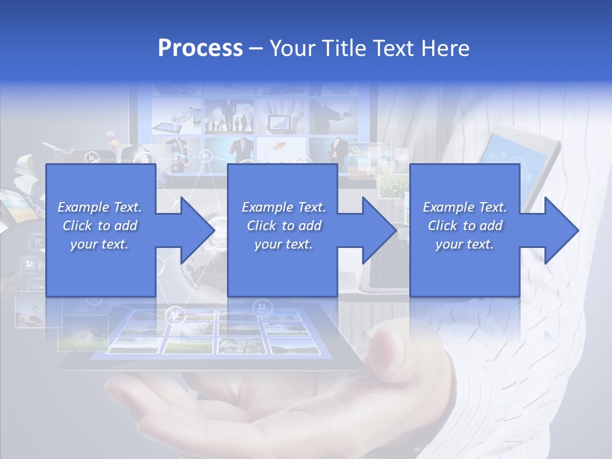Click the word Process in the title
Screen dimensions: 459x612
coord(200,48)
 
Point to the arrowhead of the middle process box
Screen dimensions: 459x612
coord(378,230)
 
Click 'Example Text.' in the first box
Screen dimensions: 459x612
coord(99,207)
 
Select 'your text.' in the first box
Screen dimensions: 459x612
coord(99,244)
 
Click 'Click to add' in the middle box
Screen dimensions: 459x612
coord(284,226)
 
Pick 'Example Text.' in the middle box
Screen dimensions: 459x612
coord(284,207)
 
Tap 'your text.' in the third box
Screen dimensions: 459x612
coord(465,244)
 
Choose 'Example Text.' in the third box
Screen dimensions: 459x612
coord(465,207)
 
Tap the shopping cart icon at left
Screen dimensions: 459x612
coord(37,242)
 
